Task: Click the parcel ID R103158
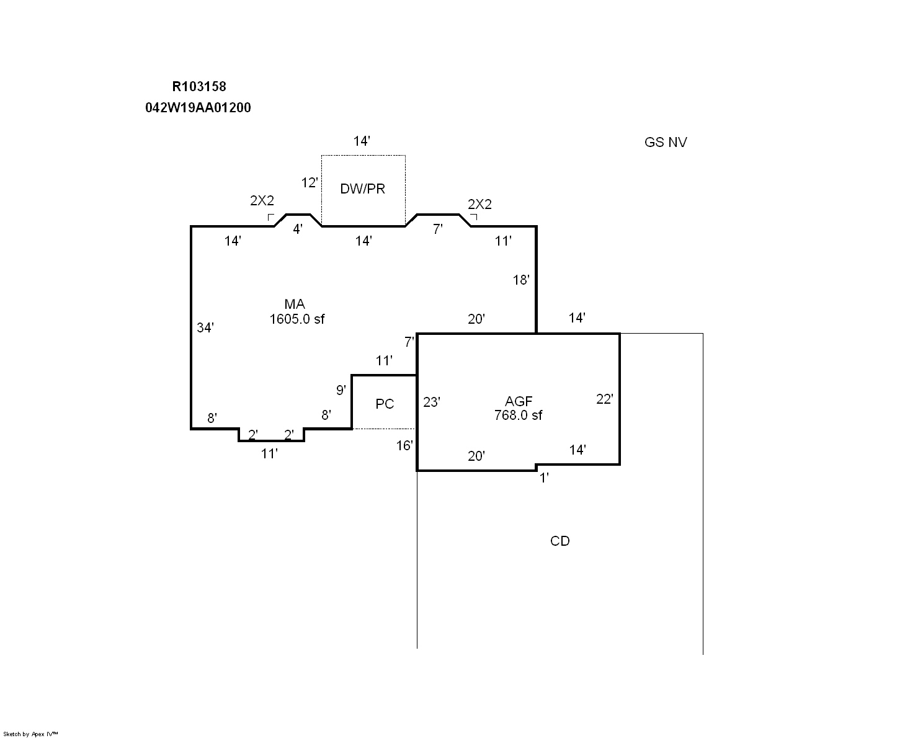point(199,87)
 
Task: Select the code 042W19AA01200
point(198,108)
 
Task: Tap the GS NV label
point(666,142)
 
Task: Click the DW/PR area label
point(362,189)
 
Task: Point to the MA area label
point(295,304)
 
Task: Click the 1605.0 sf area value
point(297,319)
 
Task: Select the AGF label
point(519,401)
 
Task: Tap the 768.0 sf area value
point(518,416)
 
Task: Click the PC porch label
point(385,404)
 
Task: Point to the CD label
point(560,541)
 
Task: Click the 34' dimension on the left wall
point(205,327)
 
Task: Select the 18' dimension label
point(521,280)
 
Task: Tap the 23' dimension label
point(432,402)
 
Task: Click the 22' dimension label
point(605,399)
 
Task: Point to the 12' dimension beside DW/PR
point(310,183)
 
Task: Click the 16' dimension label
point(404,445)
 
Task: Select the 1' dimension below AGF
point(544,478)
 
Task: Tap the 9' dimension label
point(341,390)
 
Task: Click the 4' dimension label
point(298,229)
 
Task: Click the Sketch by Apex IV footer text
point(31,734)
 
